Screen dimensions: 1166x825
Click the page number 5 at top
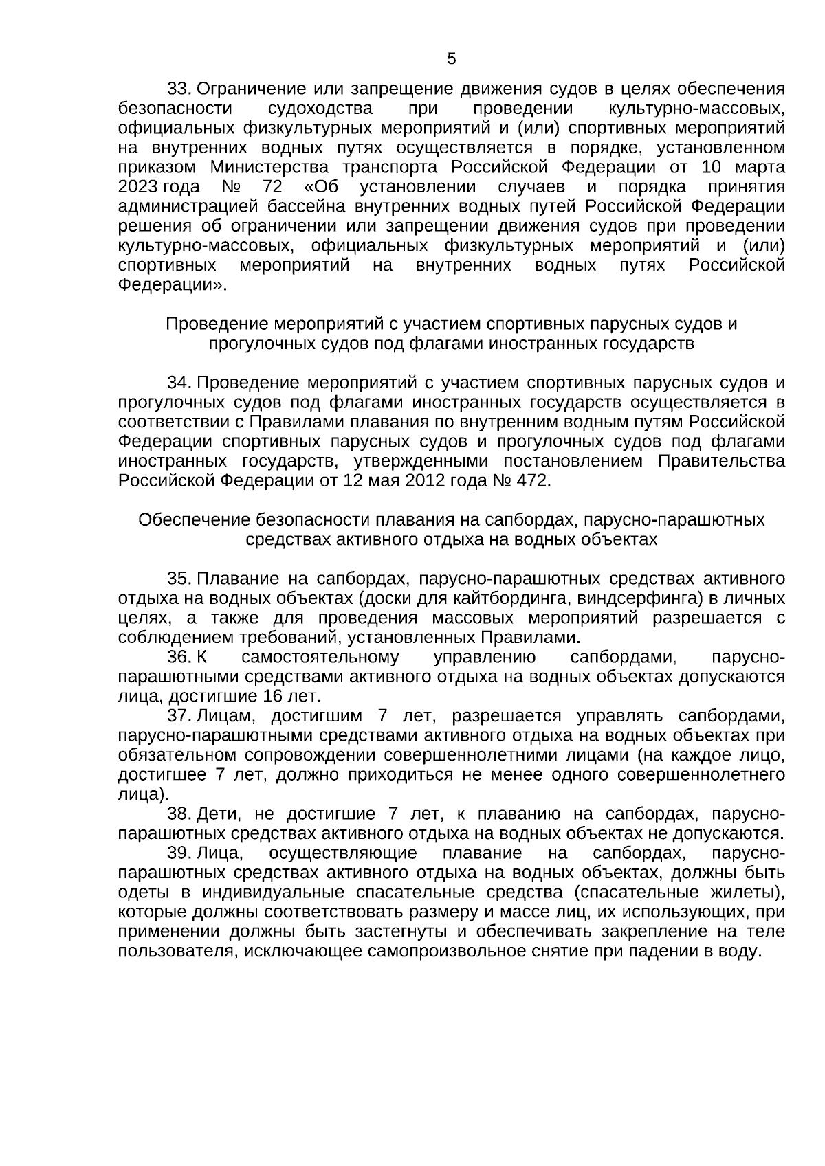click(451, 59)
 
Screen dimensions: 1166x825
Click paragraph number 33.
click(178, 89)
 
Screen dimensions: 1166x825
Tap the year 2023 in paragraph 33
click(138, 188)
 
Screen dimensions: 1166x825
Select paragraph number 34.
click(178, 383)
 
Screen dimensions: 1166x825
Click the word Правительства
click(721, 461)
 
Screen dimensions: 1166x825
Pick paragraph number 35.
click(178, 579)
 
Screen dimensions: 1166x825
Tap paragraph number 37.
click(178, 716)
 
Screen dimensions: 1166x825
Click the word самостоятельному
click(320, 658)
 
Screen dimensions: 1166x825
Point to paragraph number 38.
click(178, 814)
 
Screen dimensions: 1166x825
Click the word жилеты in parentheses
click(747, 893)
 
